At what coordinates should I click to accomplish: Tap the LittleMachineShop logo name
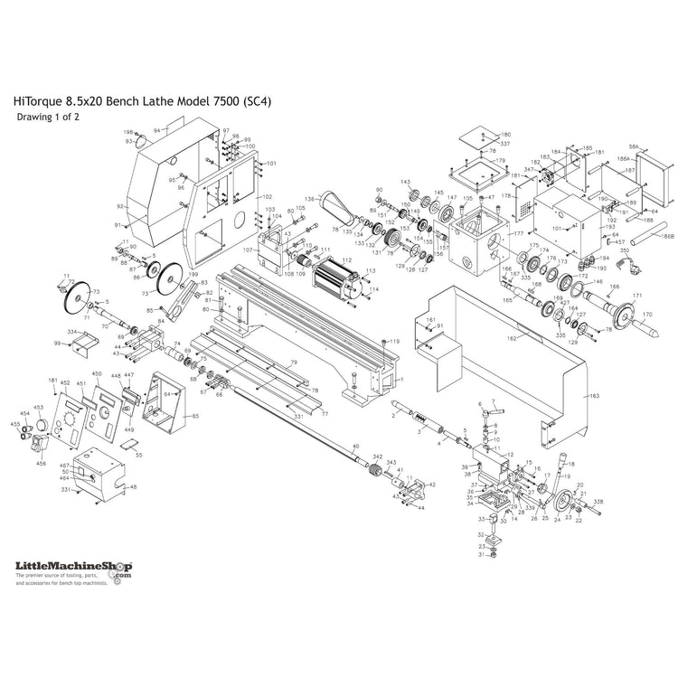(x=72, y=565)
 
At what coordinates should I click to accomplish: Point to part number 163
(x=594, y=395)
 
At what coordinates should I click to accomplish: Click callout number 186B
(x=667, y=237)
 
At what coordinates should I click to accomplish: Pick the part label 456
(x=41, y=463)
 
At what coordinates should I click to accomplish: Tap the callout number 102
(x=267, y=196)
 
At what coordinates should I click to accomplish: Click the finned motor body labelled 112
(x=336, y=270)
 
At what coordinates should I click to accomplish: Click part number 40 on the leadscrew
(x=355, y=447)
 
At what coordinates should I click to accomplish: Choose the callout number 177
(x=518, y=234)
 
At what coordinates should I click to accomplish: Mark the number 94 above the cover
(x=156, y=131)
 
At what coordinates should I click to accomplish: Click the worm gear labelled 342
(x=372, y=469)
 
